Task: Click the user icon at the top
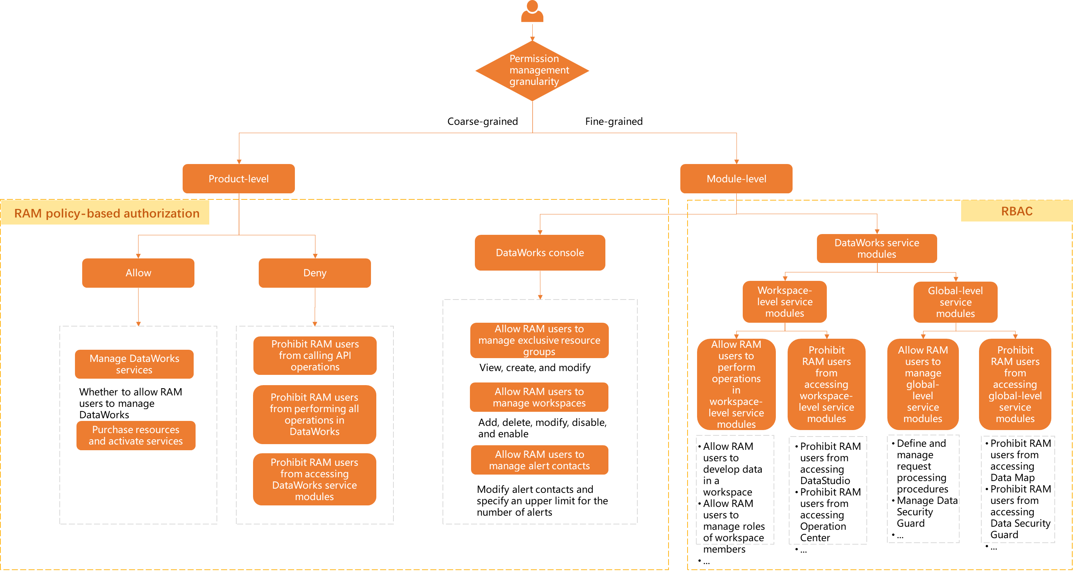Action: tap(532, 12)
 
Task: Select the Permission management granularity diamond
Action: tap(532, 70)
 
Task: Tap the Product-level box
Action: tap(239, 179)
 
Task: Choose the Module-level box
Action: tap(736, 179)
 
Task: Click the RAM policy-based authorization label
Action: tap(106, 213)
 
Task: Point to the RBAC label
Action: tap(1016, 211)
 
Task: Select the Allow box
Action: tap(138, 273)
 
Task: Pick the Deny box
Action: tap(315, 273)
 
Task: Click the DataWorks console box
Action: tap(540, 252)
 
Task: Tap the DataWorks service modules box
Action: tap(876, 248)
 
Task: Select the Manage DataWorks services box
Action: tap(134, 364)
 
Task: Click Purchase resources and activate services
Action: tap(136, 435)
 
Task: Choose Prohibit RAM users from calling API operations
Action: tap(315, 355)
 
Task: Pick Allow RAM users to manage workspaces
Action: tap(539, 397)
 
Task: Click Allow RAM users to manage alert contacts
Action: tap(540, 460)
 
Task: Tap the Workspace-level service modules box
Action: tap(784, 302)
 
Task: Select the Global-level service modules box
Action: tap(955, 302)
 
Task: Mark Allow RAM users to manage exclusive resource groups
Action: tap(539, 340)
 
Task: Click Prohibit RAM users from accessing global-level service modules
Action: tap(1015, 384)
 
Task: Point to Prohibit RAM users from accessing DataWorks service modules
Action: tap(315, 479)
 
